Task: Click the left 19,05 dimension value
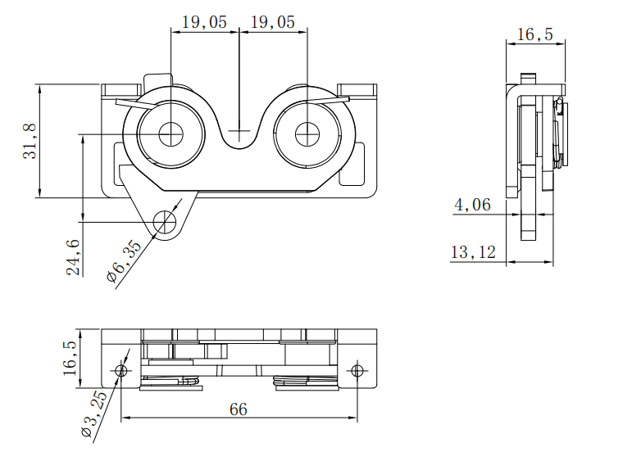pyautogui.click(x=204, y=21)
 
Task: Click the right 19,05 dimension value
pyautogui.click(x=272, y=21)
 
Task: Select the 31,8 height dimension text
pyautogui.click(x=30, y=140)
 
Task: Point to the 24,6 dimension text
pyautogui.click(x=73, y=256)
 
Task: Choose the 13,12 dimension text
pyautogui.click(x=473, y=252)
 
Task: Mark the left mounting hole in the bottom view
pyautogui.click(x=121, y=371)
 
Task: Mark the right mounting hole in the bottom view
pyautogui.click(x=357, y=371)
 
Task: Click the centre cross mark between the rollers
pyautogui.click(x=239, y=131)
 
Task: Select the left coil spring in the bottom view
pyautogui.click(x=171, y=380)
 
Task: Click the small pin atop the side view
pyautogui.click(x=530, y=78)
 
